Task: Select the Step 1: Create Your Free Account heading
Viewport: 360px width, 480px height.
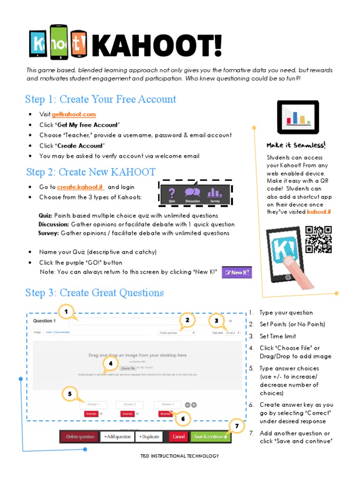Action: click(101, 99)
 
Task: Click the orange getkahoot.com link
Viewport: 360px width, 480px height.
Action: click(77, 114)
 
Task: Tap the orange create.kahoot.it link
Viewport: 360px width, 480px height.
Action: click(80, 187)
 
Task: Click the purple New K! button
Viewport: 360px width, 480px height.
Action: click(236, 272)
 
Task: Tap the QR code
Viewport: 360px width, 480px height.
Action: click(318, 239)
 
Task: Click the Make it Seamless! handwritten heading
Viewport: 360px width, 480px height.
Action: click(296, 145)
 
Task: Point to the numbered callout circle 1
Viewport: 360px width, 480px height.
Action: click(67, 311)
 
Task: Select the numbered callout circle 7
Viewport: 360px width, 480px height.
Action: click(237, 426)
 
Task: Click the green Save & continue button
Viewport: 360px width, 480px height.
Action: click(210, 437)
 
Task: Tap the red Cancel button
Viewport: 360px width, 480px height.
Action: click(178, 437)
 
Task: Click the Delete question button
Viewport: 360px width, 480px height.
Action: click(79, 437)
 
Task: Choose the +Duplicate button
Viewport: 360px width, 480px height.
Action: click(149, 437)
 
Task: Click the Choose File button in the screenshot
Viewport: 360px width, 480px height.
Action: click(127, 368)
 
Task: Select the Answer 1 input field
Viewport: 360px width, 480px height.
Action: click(93, 404)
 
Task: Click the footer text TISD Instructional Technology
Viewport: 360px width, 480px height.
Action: click(180, 456)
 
